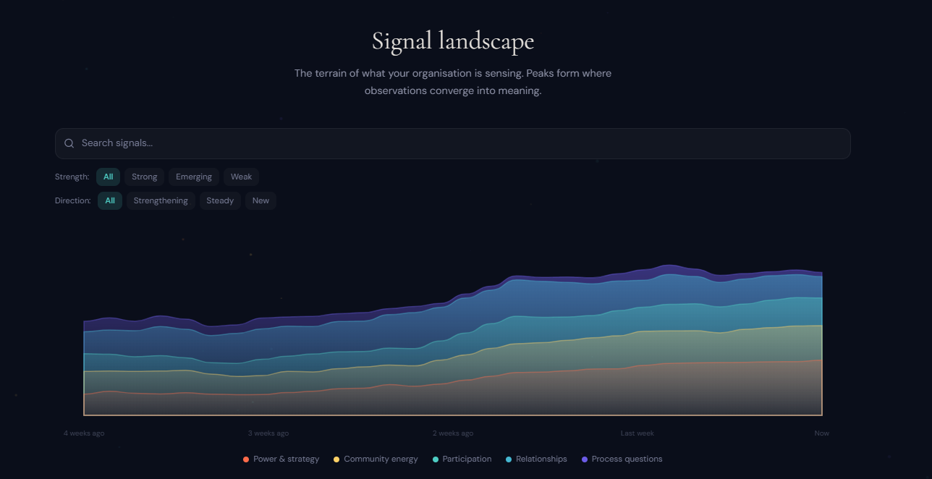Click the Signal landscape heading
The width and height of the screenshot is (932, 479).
(x=452, y=41)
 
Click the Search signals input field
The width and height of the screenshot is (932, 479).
(x=463, y=143)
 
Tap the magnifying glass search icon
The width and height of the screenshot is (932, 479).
(x=69, y=143)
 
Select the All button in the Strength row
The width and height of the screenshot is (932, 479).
(x=108, y=177)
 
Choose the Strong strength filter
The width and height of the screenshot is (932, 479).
(x=144, y=177)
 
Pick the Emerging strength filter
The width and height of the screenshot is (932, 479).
(x=193, y=177)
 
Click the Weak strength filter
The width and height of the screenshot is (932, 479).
(x=241, y=177)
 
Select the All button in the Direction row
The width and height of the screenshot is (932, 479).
(x=110, y=200)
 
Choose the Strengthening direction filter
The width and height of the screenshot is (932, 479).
(x=161, y=200)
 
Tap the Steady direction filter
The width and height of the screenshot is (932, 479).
(x=220, y=200)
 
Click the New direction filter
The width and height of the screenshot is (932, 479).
(x=260, y=200)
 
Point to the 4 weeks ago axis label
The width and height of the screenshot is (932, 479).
(x=84, y=433)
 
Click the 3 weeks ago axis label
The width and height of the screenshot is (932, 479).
(x=268, y=433)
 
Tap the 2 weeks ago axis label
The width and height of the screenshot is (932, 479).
(x=453, y=433)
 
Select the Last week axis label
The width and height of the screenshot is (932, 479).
(x=637, y=433)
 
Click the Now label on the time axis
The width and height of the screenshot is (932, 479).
(x=821, y=433)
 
